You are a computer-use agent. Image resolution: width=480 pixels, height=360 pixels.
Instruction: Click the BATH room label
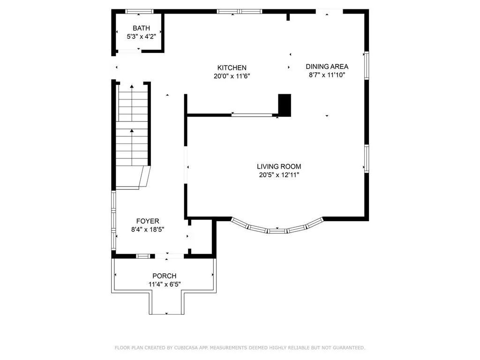click(141, 28)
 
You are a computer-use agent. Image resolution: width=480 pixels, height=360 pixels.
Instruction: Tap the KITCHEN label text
click(232, 67)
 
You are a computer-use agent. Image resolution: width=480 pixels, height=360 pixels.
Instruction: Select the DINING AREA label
click(327, 67)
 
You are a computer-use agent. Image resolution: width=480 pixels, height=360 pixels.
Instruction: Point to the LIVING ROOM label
click(279, 166)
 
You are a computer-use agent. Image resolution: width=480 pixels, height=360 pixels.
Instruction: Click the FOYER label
click(148, 221)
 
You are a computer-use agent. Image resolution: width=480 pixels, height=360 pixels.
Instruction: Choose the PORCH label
click(165, 276)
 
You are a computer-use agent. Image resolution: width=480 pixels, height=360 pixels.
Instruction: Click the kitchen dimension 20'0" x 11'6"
click(232, 76)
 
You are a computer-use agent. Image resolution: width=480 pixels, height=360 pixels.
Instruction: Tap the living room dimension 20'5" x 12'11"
click(279, 175)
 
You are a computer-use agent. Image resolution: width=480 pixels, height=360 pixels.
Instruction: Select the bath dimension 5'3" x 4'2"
click(141, 37)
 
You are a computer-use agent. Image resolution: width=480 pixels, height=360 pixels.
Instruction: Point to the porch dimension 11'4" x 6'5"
click(165, 285)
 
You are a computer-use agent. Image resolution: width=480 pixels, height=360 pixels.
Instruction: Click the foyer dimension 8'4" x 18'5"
click(148, 229)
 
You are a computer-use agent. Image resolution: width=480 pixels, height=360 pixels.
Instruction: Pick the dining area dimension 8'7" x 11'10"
click(327, 75)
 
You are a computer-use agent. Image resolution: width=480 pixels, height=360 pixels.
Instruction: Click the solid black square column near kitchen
click(285, 105)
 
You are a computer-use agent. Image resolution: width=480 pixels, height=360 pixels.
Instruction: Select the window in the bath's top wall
click(139, 12)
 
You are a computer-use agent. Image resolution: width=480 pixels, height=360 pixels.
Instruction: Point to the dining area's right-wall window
click(367, 66)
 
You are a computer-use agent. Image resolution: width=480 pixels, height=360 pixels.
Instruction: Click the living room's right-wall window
click(367, 158)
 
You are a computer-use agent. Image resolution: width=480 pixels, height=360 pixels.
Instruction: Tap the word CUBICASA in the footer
click(186, 348)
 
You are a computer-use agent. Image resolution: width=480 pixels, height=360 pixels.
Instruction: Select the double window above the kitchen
click(240, 12)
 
